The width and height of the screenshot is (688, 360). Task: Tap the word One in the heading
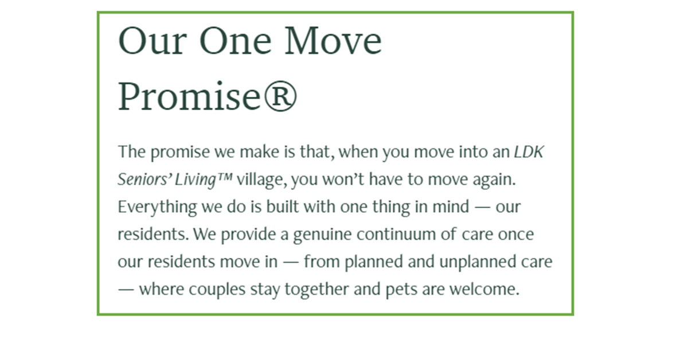[236, 41]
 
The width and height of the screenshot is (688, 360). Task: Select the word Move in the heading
[333, 41]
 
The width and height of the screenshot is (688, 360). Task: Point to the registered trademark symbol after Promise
[280, 96]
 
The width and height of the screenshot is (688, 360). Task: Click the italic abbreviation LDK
[529, 152]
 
